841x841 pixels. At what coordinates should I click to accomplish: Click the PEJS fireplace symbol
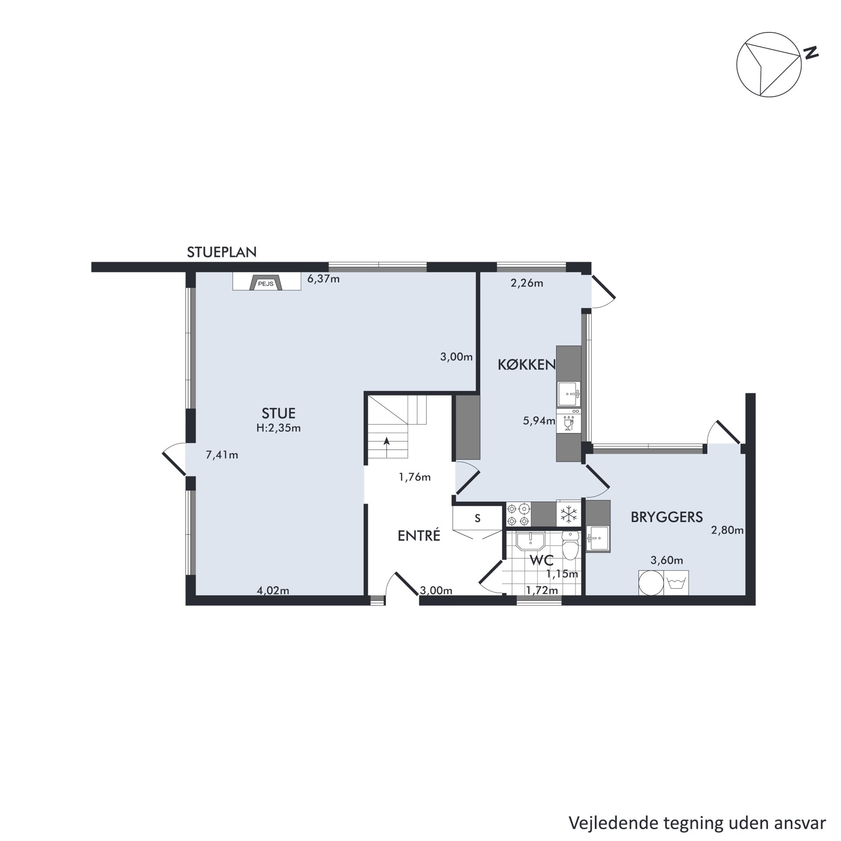click(266, 283)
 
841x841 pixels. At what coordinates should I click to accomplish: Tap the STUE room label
click(279, 413)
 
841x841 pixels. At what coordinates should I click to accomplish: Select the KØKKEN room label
click(527, 365)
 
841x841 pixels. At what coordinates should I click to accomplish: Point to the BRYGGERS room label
click(667, 517)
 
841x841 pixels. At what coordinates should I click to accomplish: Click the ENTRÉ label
click(419, 535)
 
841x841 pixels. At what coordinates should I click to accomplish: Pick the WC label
click(542, 560)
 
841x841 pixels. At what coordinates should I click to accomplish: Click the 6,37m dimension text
click(323, 279)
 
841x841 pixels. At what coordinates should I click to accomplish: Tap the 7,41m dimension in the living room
click(222, 455)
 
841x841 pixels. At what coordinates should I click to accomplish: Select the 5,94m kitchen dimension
click(539, 421)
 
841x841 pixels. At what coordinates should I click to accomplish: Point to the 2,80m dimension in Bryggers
click(727, 530)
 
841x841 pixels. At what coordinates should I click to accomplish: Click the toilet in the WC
click(570, 546)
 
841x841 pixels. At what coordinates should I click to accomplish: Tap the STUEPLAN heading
click(222, 252)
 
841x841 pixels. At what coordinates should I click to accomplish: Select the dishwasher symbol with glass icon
click(569, 421)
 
